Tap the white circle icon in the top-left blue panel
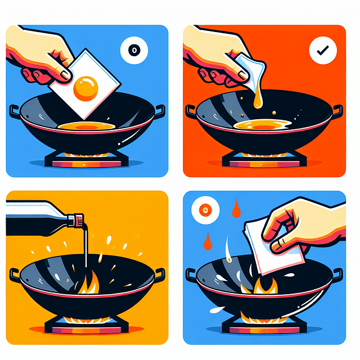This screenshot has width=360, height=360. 134,51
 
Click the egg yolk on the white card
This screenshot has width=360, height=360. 87,87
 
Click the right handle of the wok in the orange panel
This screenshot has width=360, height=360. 336,110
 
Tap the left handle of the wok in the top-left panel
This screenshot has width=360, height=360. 15,110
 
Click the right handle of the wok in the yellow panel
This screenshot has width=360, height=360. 159,274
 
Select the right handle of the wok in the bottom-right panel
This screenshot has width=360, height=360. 337,274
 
